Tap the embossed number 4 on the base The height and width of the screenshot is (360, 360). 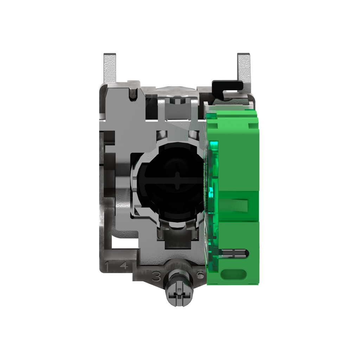(x=123, y=266)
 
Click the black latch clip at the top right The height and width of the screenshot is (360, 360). (x=227, y=85)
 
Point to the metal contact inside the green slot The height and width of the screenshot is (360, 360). (x=235, y=252)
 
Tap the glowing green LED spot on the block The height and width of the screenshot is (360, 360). (x=212, y=192)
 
